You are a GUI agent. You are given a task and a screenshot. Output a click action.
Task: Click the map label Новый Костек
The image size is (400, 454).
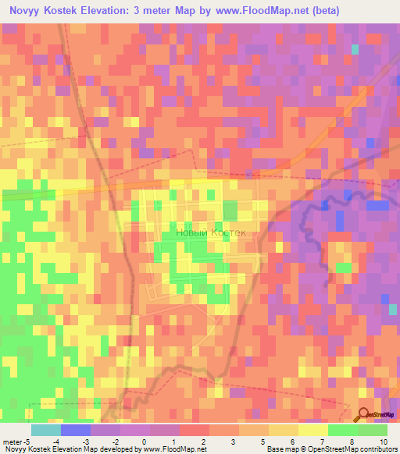211,232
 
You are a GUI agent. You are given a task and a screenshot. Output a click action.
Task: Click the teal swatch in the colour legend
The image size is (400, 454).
45,430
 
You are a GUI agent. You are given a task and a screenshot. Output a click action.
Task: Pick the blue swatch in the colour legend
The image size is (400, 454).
75,430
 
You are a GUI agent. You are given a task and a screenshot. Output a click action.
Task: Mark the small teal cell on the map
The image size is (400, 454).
355,49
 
